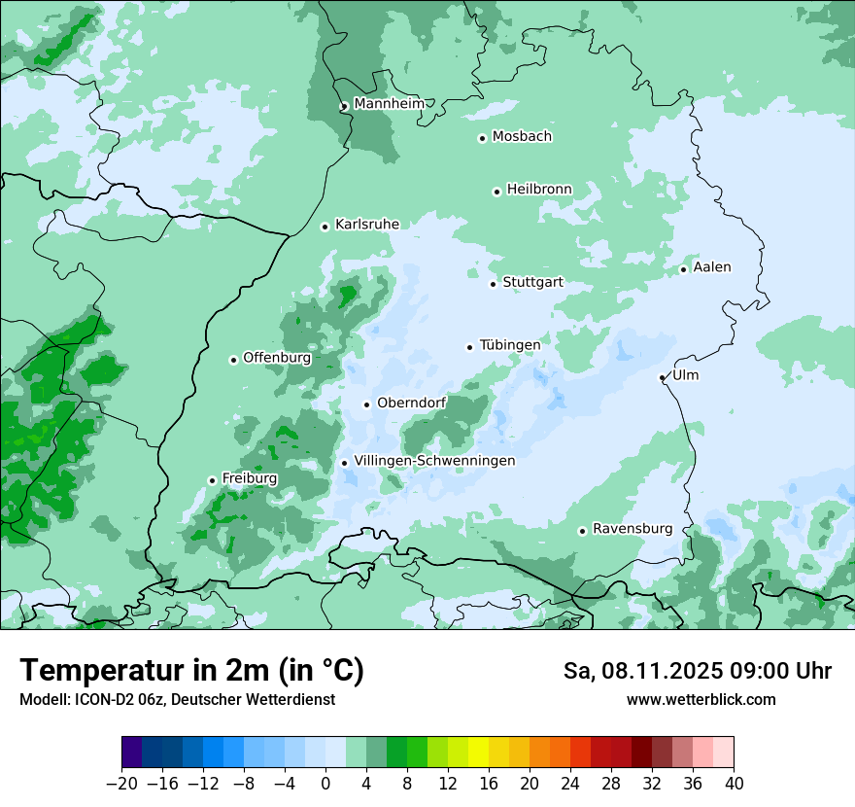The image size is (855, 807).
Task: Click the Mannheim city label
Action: tap(389, 104)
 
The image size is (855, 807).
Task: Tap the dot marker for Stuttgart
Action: tap(494, 284)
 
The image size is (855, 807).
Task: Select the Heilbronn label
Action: tap(539, 190)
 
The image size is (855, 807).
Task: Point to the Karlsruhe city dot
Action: tap(325, 227)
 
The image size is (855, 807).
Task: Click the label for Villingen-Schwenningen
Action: tap(434, 461)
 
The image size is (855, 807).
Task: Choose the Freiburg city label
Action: tap(249, 478)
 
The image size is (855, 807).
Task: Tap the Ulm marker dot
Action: tap(663, 377)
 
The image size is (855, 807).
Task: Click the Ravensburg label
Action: tap(633, 529)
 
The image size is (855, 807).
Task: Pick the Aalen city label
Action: tap(712, 267)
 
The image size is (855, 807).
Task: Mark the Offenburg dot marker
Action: tap(233, 360)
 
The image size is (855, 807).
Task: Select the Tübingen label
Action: tap(510, 345)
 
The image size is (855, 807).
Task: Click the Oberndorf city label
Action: tap(411, 403)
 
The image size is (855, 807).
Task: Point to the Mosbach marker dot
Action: tap(482, 138)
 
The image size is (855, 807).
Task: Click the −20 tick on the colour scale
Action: tap(122, 783)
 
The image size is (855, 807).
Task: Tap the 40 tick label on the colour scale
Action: tap(734, 783)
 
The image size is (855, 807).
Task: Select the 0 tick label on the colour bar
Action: tap(325, 783)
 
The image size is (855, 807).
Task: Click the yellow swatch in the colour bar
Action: tap(478, 753)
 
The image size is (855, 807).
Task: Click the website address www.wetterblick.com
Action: tap(701, 700)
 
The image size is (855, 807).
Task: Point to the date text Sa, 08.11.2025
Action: tap(647, 671)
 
